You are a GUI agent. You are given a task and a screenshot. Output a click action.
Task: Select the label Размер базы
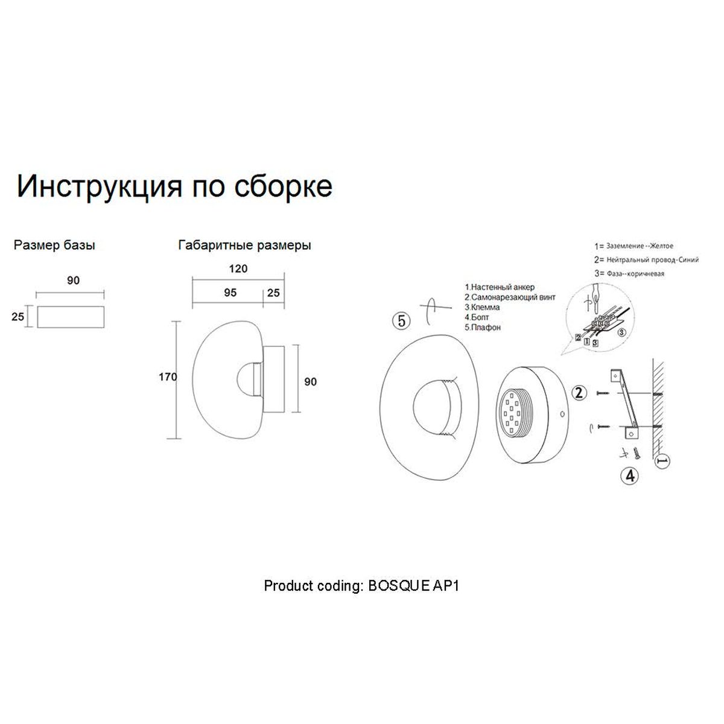[54, 246]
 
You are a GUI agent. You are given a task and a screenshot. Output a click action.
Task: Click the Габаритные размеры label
[244, 246]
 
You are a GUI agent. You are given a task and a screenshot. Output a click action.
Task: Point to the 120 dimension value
[238, 269]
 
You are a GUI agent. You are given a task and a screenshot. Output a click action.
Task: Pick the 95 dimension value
[230, 293]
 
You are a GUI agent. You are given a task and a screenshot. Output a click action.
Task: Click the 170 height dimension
[167, 378]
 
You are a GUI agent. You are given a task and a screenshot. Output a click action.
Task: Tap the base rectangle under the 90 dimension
[71, 317]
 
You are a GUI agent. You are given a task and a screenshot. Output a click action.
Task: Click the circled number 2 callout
[579, 393]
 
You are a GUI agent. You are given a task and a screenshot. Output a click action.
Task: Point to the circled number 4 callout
[630, 475]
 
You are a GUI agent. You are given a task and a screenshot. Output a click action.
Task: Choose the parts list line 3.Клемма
[483, 308]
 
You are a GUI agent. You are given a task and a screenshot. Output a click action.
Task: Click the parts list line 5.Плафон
[483, 328]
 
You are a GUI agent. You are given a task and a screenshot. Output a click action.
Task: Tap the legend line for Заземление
[634, 246]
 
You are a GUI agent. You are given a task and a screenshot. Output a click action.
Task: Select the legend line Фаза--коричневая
[629, 274]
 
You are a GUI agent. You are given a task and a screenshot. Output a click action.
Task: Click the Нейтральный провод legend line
[646, 260]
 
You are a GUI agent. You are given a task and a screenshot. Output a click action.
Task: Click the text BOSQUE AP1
[414, 586]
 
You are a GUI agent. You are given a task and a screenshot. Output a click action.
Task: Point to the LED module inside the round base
[513, 413]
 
